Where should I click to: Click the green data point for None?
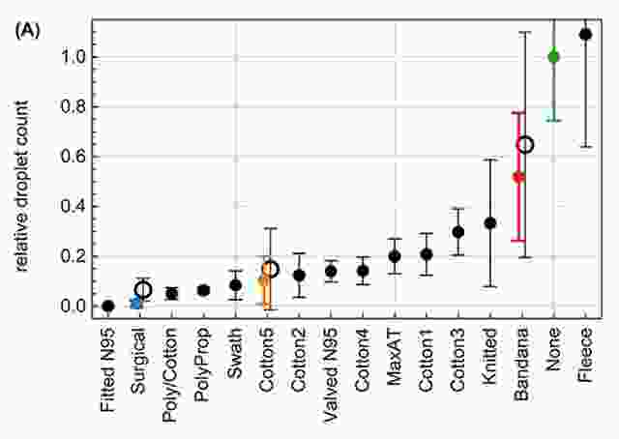coord(553,57)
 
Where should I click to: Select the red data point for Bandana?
coord(518,177)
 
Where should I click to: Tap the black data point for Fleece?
coord(585,34)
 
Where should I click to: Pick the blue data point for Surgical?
coord(136,303)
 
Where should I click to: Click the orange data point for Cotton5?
coord(263,280)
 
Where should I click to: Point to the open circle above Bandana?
coord(525,145)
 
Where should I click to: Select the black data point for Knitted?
coord(490,222)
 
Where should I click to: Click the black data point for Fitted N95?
coord(108,306)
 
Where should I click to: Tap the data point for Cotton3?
coord(458,232)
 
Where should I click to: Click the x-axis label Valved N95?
coord(331,372)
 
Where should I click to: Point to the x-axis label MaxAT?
coord(395,357)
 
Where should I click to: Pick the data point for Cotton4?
coord(363,271)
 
